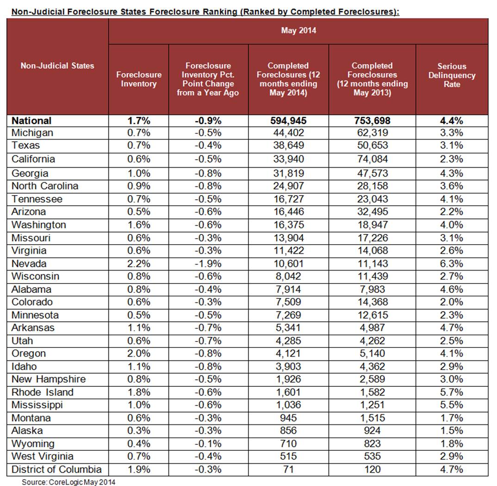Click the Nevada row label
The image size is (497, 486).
point(29,264)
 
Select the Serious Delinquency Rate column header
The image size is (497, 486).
point(452,75)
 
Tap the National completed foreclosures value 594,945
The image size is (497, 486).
point(288,121)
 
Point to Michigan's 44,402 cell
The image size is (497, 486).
point(288,133)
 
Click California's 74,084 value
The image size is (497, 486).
point(373,159)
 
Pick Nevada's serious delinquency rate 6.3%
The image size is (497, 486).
point(452,264)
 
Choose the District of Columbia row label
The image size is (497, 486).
point(56,469)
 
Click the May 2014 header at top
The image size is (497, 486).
point(298,31)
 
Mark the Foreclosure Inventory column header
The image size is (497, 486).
point(138,79)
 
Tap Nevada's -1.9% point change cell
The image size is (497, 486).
point(208,264)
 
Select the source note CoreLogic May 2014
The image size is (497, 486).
point(68,482)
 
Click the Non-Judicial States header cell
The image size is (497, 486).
point(57,66)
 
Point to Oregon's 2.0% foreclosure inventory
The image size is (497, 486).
point(139,353)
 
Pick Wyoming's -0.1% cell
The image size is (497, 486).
point(208,444)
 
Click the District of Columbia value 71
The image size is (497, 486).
point(288,469)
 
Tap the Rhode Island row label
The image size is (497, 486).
point(42,392)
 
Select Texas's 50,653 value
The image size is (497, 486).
point(373,145)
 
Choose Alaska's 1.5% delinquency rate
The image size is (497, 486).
point(452,431)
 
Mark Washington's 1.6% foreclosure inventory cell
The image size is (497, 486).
point(139,225)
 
